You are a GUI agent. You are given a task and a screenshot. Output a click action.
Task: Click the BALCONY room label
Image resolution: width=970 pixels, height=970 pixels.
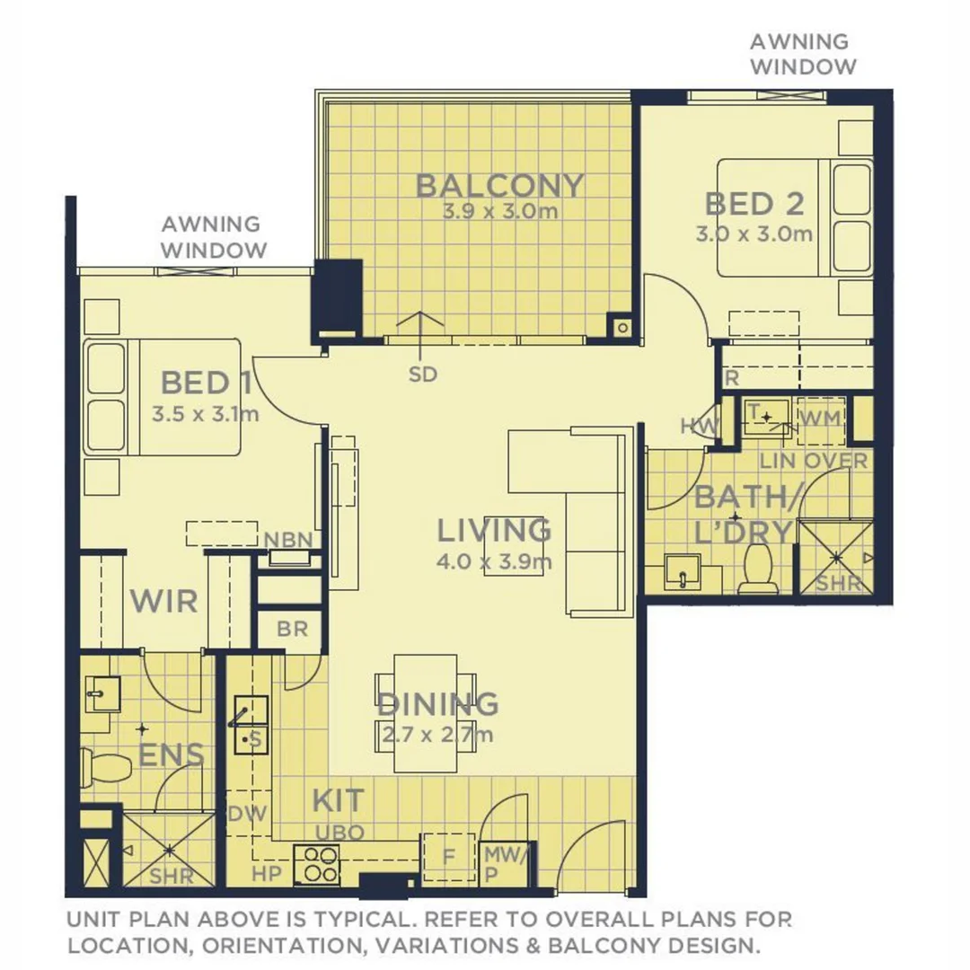tap(499, 186)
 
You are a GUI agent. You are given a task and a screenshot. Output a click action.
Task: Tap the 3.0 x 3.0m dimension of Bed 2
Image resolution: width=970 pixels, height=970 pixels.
tap(754, 235)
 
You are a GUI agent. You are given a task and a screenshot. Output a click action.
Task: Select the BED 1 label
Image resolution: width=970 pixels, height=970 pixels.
tap(206, 384)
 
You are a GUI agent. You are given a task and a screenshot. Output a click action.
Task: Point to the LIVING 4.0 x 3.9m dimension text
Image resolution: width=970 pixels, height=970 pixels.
tap(493, 563)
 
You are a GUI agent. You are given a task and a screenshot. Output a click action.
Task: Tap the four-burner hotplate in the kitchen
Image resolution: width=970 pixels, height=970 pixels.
tap(317, 864)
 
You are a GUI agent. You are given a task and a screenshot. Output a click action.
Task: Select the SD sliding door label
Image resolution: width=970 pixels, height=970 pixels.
tap(422, 375)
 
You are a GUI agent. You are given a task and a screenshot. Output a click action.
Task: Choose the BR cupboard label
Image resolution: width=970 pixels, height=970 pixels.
tap(292, 630)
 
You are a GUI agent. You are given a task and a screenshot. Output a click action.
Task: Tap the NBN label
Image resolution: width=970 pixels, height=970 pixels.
tap(288, 539)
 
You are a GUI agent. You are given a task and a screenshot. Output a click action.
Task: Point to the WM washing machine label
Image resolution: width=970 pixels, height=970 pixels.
tap(818, 419)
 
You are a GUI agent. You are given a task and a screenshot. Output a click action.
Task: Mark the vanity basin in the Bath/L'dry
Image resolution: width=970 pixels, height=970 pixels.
tap(682, 572)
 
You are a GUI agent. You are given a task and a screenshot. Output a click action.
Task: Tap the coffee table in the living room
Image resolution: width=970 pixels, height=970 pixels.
tap(513, 550)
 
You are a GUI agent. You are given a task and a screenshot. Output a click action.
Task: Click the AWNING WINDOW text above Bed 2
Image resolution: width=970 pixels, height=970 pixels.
tap(802, 54)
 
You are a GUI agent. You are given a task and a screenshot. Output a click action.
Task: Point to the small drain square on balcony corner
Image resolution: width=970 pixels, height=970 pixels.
tap(621, 327)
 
